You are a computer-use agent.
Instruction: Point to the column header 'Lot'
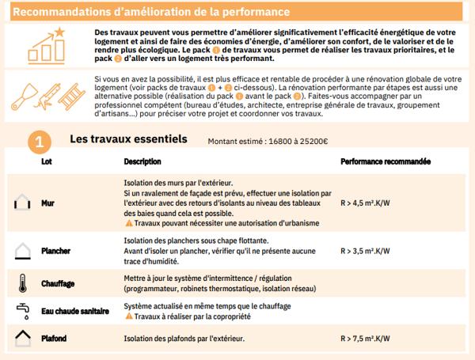46,161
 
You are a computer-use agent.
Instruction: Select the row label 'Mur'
47,203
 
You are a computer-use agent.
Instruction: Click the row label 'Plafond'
54,339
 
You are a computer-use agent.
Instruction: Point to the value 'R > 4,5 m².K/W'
365,203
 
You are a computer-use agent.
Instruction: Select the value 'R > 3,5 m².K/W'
365,251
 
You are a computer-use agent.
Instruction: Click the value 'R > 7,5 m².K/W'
365,339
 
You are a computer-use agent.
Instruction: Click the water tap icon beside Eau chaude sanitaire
21,309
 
